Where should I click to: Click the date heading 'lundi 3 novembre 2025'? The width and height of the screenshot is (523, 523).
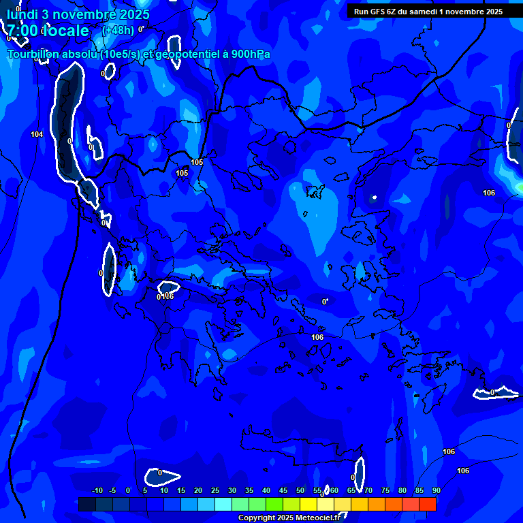tap(78, 14)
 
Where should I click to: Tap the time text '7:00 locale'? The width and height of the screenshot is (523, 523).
tap(48, 31)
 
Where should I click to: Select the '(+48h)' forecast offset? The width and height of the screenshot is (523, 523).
tap(118, 30)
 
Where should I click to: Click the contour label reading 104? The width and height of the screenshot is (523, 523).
tap(37, 134)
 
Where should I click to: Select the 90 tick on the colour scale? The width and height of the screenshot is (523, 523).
tap(436, 490)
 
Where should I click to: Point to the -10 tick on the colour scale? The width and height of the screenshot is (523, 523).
tap(97, 490)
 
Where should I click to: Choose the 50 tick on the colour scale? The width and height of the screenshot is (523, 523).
tap(300, 490)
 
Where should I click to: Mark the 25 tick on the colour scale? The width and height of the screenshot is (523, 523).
tap(215, 490)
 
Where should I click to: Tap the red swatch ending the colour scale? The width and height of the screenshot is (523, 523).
tap(428, 504)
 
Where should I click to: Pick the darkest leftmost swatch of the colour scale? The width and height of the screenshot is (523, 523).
tap(86, 504)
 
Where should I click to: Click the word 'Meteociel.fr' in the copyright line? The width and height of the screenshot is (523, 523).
tap(321, 518)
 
